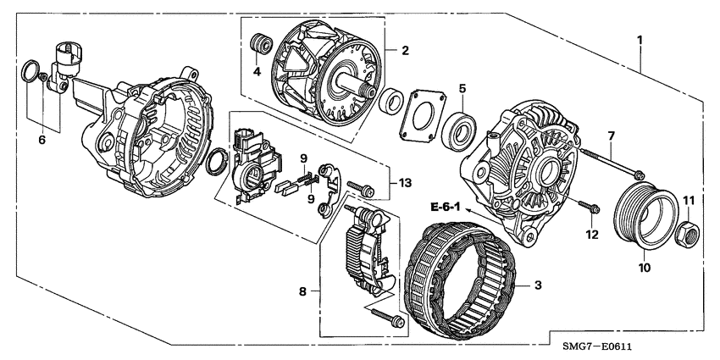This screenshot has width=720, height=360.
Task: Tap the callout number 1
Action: (x=640, y=40)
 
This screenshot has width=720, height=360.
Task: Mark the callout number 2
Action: (x=405, y=51)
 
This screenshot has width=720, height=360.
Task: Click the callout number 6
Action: (x=41, y=140)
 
